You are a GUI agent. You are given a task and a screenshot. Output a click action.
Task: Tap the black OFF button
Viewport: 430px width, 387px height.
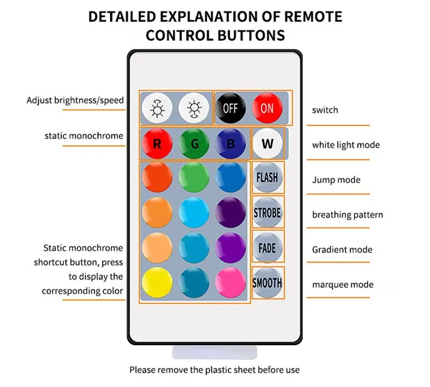pyautogui.click(x=230, y=108)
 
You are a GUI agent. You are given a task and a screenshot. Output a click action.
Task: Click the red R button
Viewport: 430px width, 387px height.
pyautogui.click(x=157, y=143)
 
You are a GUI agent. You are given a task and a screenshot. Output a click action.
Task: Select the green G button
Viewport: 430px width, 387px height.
pyautogui.click(x=194, y=143)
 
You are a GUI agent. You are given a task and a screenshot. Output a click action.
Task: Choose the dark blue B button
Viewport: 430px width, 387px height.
pyautogui.click(x=231, y=143)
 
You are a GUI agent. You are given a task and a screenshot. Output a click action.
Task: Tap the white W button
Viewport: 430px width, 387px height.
pyautogui.click(x=267, y=144)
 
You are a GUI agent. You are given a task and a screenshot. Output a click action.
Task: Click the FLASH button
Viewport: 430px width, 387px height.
pyautogui.click(x=267, y=177)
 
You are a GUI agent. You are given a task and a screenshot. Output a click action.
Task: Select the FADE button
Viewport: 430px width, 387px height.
pyautogui.click(x=267, y=247)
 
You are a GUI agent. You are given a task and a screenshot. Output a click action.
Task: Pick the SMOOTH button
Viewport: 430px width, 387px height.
pyautogui.click(x=267, y=282)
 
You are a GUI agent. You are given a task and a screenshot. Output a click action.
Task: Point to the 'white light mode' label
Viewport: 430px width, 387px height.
pyautogui.click(x=346, y=145)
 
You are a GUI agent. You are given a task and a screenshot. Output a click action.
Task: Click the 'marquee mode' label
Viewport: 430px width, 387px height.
pyautogui.click(x=342, y=284)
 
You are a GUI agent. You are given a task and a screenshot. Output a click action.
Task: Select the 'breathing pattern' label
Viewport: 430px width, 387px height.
pyautogui.click(x=347, y=215)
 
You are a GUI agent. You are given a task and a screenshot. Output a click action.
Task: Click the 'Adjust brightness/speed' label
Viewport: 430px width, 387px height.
pyautogui.click(x=75, y=100)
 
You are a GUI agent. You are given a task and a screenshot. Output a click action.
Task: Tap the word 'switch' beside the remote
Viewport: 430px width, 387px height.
pyautogui.click(x=325, y=110)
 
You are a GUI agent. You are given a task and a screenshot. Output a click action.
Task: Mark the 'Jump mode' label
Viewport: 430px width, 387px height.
pyautogui.click(x=336, y=180)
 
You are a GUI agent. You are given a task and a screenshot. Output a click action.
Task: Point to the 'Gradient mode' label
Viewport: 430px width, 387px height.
pyautogui.click(x=342, y=250)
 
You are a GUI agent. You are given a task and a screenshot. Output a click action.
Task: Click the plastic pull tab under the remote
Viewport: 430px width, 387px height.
pyautogui.click(x=214, y=352)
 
